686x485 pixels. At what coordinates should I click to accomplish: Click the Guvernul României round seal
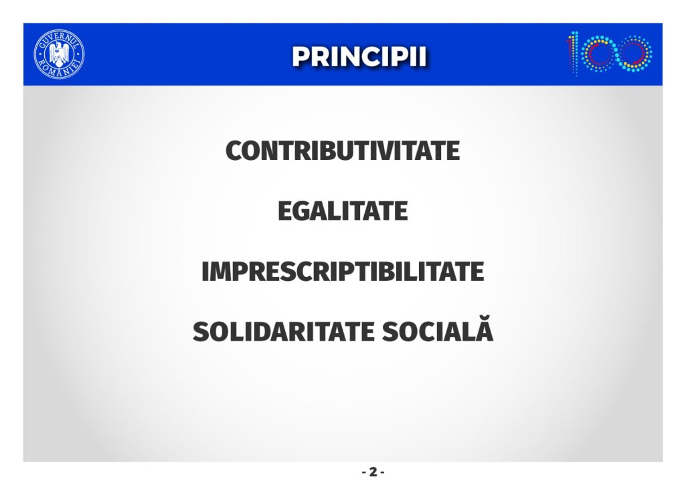point(59,55)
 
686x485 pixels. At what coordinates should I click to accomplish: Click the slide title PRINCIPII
point(359,56)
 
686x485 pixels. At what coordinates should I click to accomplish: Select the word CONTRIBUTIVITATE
point(343,151)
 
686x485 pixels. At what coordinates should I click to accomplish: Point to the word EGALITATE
point(343,211)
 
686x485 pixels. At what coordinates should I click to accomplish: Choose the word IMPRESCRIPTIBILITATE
point(343,271)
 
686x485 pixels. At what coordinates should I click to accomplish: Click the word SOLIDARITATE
point(284,332)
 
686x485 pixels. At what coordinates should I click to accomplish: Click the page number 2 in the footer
point(373,472)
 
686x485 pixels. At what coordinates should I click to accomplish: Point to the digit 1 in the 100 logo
point(574,54)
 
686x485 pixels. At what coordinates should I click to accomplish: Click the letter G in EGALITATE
point(303,211)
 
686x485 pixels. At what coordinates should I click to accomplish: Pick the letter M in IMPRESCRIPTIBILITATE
point(218,271)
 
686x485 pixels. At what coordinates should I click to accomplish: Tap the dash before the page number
point(365,472)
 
